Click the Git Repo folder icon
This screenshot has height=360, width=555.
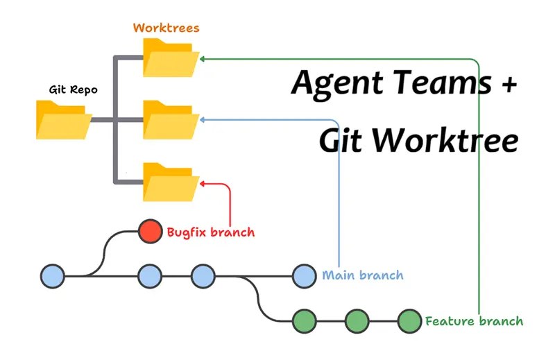pos(62,119)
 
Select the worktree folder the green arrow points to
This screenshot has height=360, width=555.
pos(171,58)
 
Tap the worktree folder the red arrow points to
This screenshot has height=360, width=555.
pos(171,182)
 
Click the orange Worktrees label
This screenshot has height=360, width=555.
pos(166,28)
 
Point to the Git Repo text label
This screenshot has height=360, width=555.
pos(74,89)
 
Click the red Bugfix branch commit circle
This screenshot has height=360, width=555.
pos(149,232)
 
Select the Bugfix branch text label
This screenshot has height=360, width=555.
pos(210,232)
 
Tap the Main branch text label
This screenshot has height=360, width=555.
pos(362,275)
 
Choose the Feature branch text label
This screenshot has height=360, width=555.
pos(474,321)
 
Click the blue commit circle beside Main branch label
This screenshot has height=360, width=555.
pos(304,276)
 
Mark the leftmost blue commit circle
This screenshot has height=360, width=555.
pos(52,276)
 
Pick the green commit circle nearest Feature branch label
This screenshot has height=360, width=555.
pos(409,321)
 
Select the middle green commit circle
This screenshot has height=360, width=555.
pos(357,321)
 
